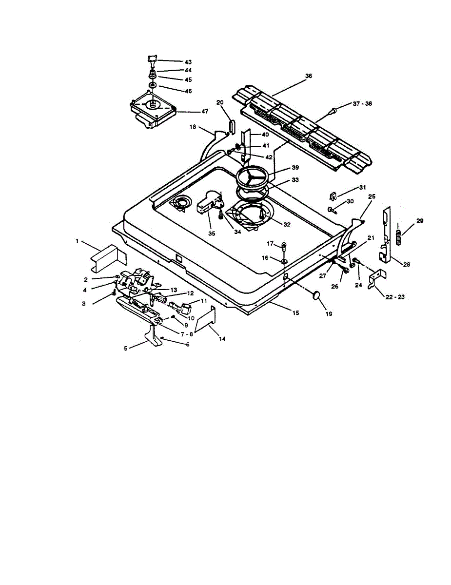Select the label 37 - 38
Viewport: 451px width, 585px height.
[361, 104]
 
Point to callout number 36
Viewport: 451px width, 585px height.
[308, 76]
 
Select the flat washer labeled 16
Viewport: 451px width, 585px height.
[283, 262]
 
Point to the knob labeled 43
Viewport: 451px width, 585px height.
[153, 61]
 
